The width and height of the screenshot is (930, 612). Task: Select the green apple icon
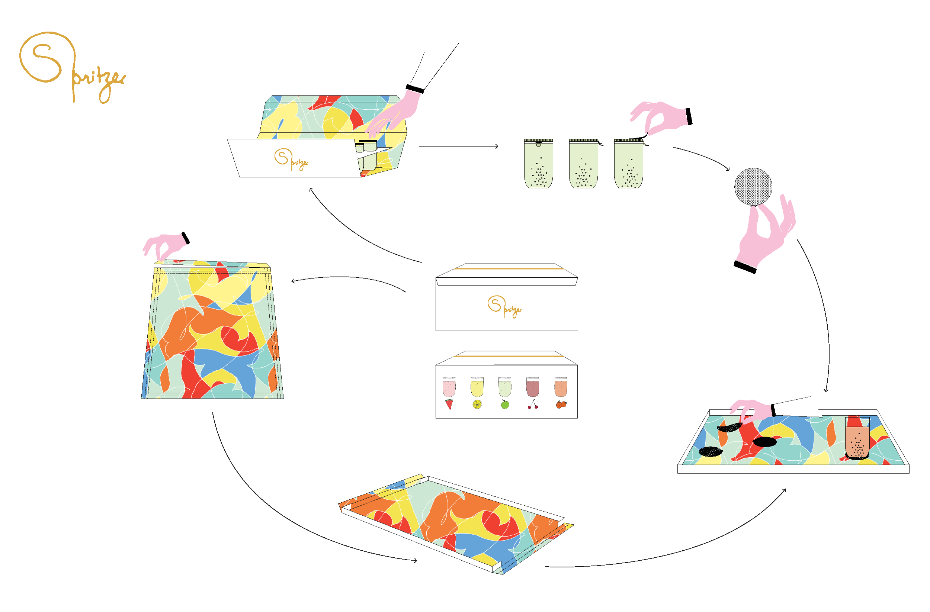pyautogui.click(x=505, y=405)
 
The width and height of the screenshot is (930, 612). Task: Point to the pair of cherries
pyautogui.click(x=533, y=405)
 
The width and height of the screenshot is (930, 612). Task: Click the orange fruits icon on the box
pyautogui.click(x=561, y=405)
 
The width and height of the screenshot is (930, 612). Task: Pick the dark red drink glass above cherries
pyautogui.click(x=533, y=387)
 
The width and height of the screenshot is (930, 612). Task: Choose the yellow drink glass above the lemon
pyautogui.click(x=477, y=387)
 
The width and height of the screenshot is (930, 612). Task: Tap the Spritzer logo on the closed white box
pyautogui.click(x=504, y=307)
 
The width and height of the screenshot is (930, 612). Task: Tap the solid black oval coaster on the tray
pyautogui.click(x=764, y=442)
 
